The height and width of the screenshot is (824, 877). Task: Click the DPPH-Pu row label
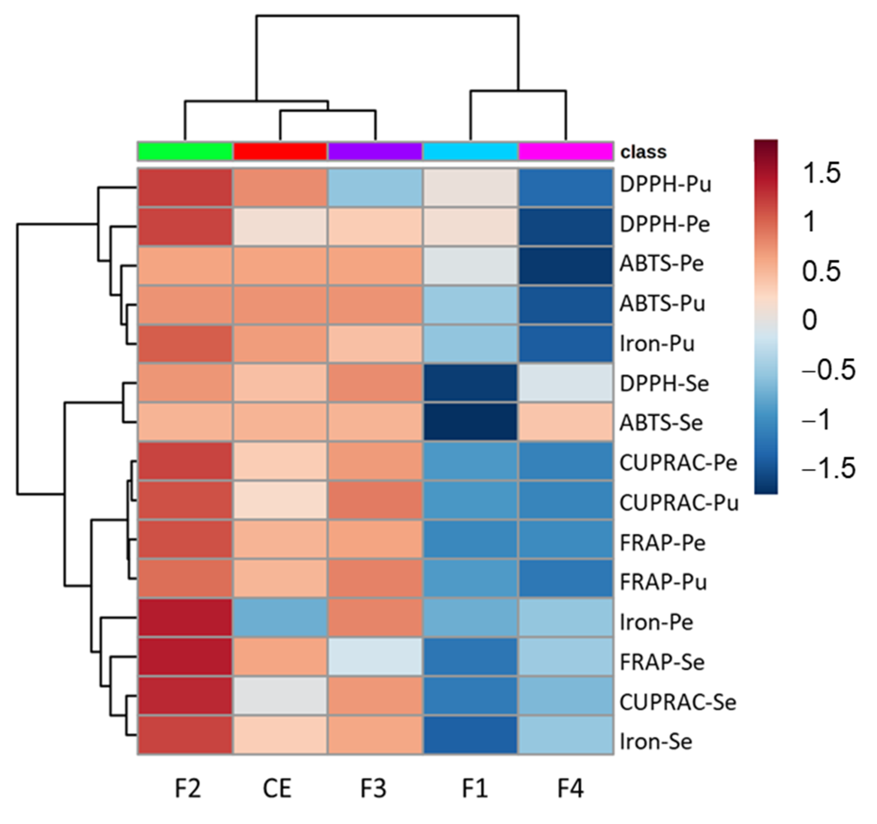pos(665,184)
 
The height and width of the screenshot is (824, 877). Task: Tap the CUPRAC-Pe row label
pos(678,462)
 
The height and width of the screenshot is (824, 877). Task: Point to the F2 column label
pos(188,788)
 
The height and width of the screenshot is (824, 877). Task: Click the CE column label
pos(277,788)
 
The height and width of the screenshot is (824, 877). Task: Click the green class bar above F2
pos(185,151)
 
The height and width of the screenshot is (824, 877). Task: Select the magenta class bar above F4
pos(565,151)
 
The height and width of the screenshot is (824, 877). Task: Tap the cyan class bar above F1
pos(470,151)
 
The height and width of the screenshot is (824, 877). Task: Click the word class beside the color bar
pos(643,152)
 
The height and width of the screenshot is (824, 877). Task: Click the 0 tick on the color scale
pos(809,320)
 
